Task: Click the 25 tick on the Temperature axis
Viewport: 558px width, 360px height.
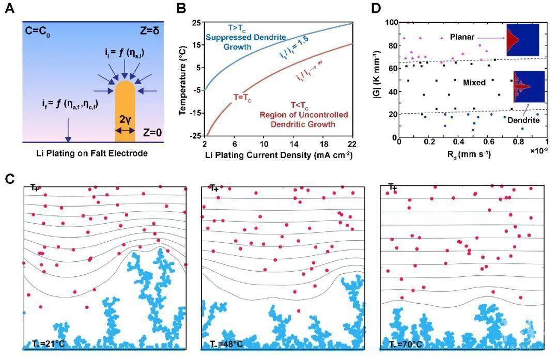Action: (196, 23)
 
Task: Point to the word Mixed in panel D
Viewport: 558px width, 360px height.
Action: (474, 82)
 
